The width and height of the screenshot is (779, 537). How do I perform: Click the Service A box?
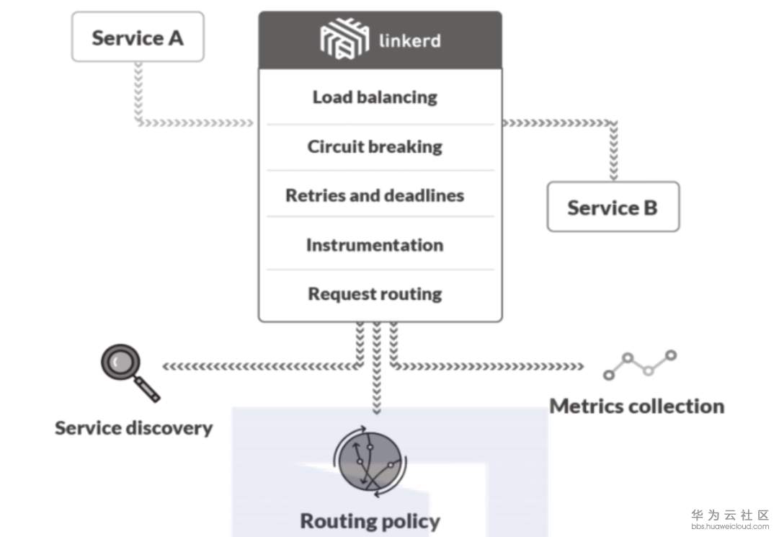[x=138, y=37]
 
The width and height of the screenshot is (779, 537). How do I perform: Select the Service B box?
[x=613, y=207]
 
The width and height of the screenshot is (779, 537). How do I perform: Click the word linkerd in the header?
[x=409, y=40]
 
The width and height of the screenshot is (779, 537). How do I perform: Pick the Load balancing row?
[x=375, y=97]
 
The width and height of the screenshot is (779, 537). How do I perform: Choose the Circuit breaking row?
[x=375, y=147]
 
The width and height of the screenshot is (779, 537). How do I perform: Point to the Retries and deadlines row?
[x=375, y=195]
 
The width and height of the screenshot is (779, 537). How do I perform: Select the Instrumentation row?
[x=375, y=245]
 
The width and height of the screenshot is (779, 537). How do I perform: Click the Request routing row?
[x=375, y=294]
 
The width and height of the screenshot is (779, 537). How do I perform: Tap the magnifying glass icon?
[x=127, y=370]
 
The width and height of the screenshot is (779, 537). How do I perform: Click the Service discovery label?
[x=134, y=428]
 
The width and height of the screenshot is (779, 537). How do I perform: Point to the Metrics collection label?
[x=637, y=407]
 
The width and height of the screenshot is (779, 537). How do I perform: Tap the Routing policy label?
[x=370, y=520]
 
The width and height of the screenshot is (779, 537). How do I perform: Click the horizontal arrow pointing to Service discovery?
[x=259, y=367]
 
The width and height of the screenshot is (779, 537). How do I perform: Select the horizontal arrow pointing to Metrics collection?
[x=490, y=367]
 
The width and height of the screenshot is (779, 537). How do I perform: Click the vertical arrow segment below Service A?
[x=138, y=90]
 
